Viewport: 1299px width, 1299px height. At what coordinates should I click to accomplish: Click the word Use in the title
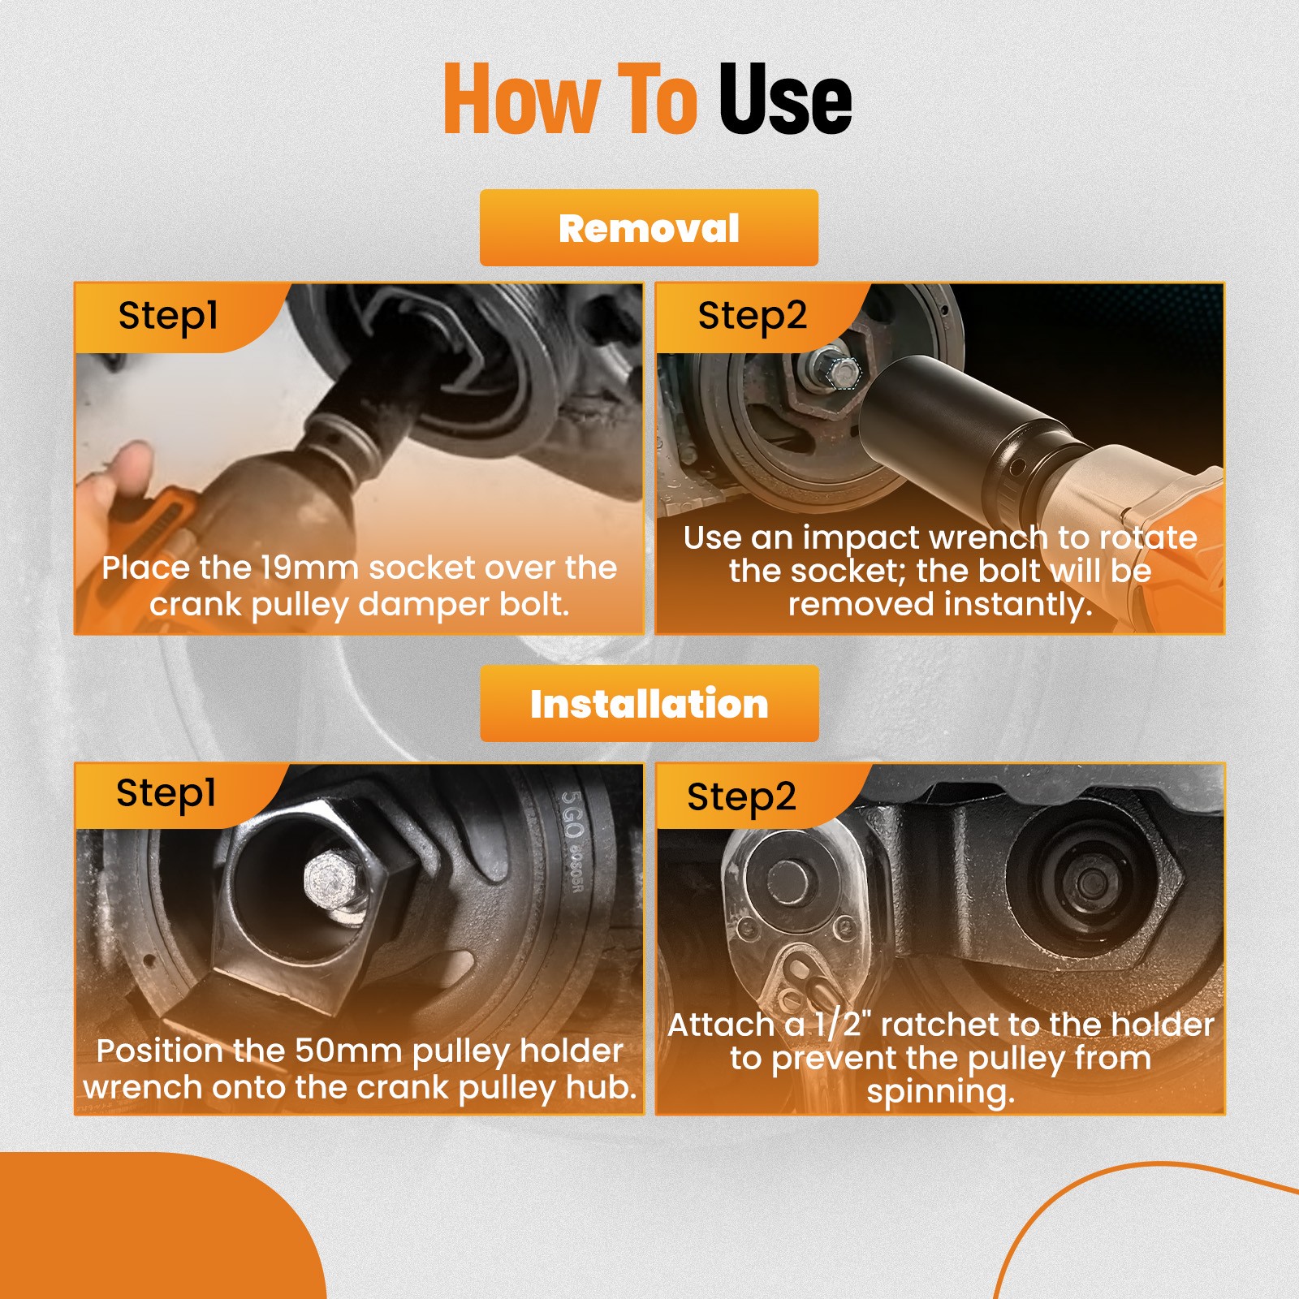785,98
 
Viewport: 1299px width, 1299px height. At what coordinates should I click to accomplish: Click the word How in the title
520,98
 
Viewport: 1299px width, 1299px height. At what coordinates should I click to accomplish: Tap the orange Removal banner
649,227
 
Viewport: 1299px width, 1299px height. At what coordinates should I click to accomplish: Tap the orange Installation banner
649,703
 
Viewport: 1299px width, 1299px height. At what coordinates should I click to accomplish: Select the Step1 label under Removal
168,316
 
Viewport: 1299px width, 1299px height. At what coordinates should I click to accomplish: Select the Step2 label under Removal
752,316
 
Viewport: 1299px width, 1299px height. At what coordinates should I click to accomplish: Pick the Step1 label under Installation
166,793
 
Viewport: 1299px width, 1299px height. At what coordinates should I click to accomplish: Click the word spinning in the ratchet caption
940,1092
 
